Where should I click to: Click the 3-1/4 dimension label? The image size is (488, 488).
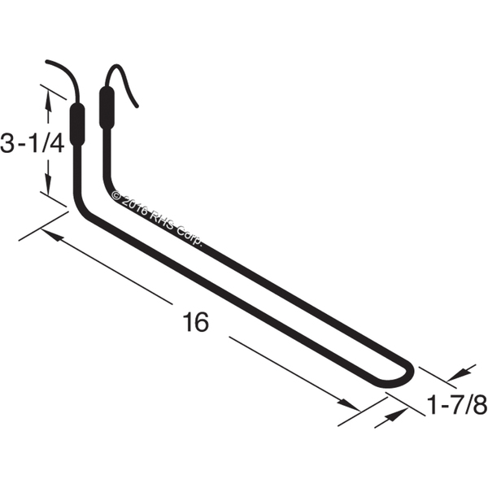(33, 143)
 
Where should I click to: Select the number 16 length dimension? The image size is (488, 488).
(196, 322)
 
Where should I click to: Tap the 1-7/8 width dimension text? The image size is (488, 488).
(457, 405)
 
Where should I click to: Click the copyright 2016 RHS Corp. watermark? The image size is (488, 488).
(157, 218)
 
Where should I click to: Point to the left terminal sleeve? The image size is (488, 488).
(77, 124)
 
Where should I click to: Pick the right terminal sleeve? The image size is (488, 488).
(107, 108)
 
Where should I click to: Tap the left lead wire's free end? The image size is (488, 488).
(46, 62)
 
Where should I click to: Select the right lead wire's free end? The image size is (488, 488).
(137, 106)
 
